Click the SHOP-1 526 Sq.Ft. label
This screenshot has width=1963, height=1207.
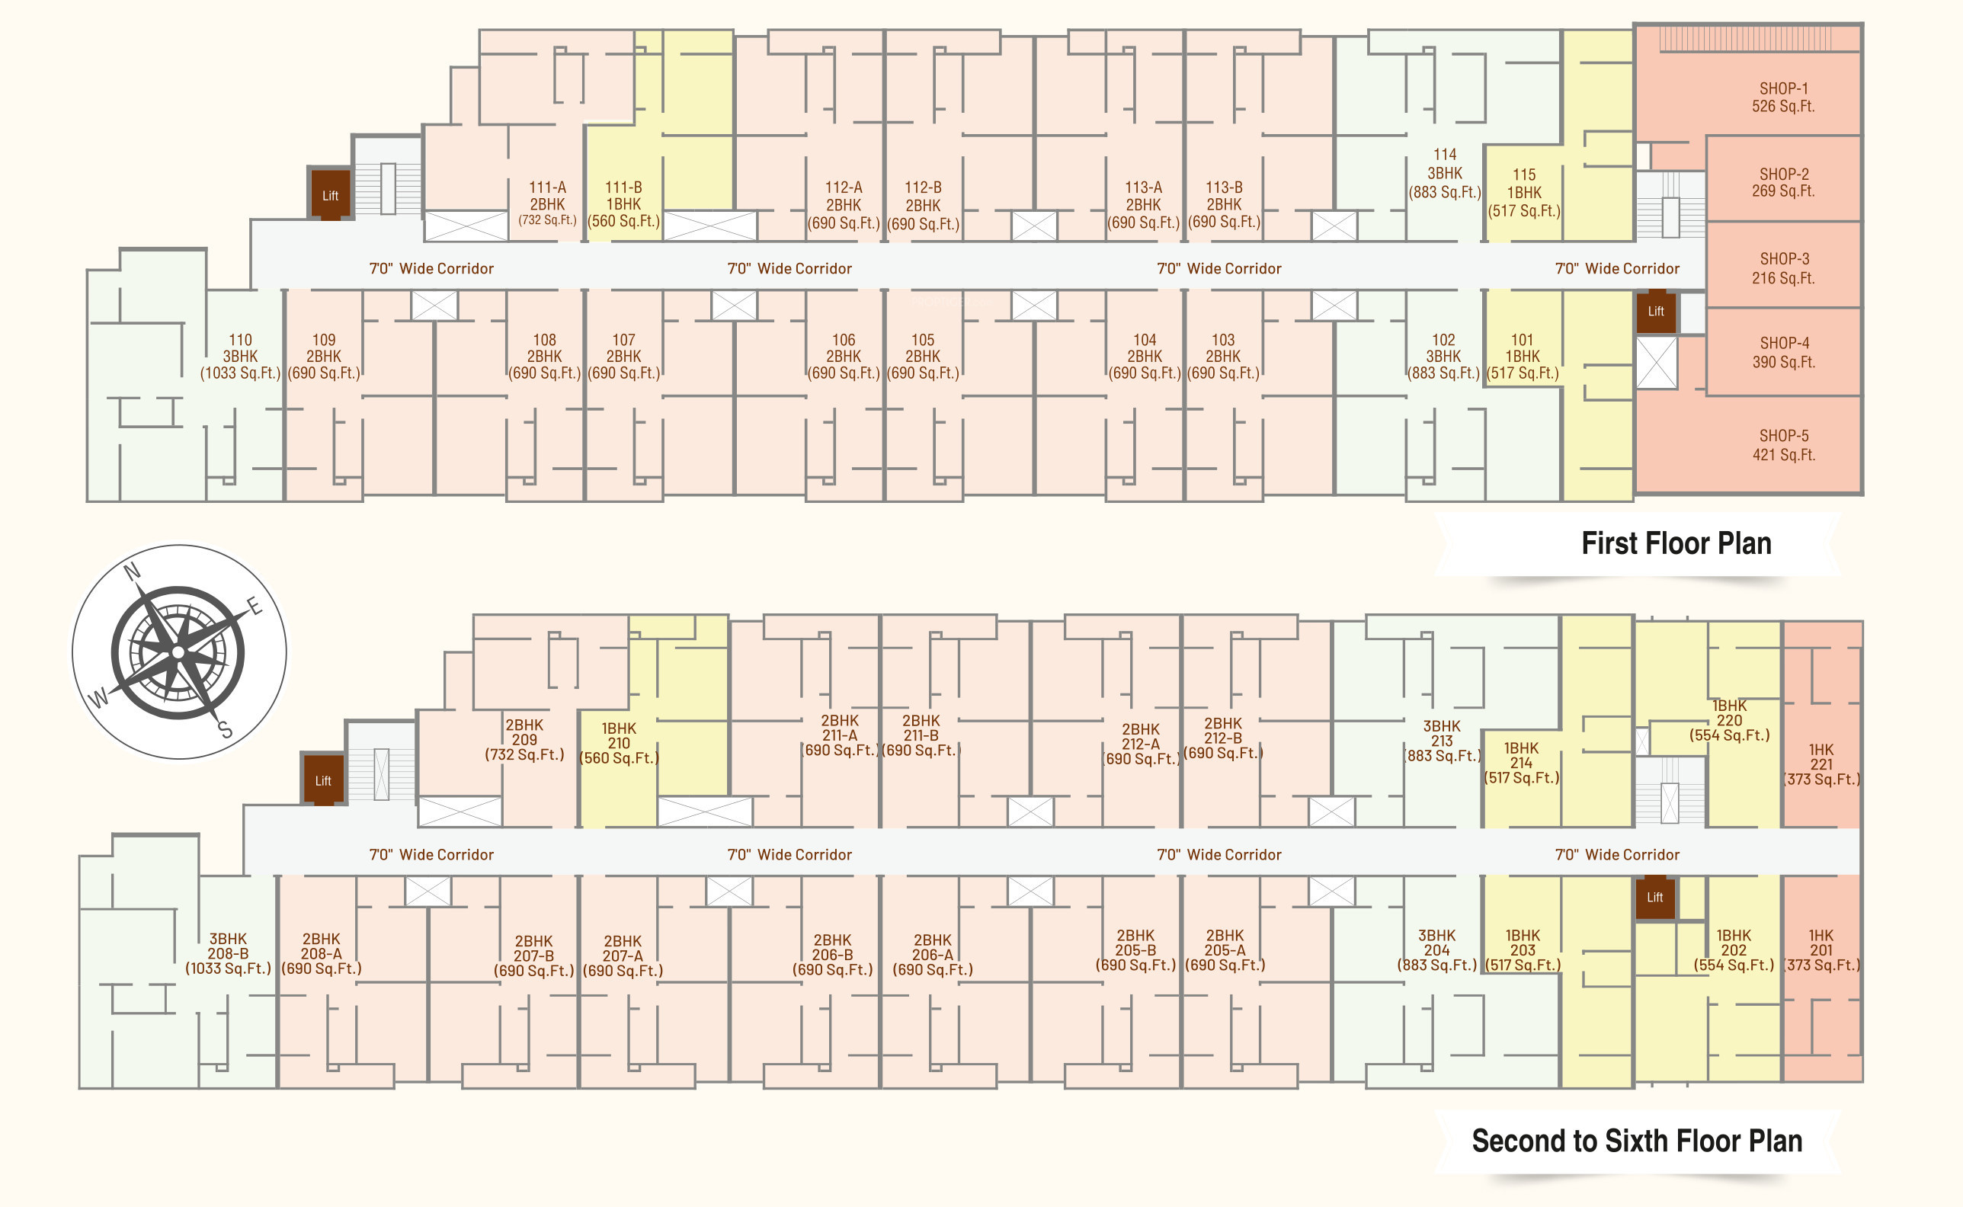(x=1782, y=98)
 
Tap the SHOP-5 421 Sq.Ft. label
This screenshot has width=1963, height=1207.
(x=1783, y=446)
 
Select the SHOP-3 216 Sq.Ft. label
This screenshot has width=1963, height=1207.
(x=1783, y=268)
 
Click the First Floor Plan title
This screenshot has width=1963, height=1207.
(x=1676, y=543)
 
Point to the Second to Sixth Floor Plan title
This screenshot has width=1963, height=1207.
(x=1637, y=1141)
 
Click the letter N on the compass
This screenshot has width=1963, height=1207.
(x=133, y=571)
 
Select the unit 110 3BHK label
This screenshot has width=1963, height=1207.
(x=240, y=356)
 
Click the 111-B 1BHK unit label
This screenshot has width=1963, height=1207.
(x=623, y=204)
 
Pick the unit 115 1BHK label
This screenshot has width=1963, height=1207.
(x=1523, y=192)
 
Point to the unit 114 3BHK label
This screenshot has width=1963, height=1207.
(x=1444, y=173)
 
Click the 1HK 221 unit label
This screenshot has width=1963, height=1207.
(x=1821, y=764)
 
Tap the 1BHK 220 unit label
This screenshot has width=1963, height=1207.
(x=1729, y=720)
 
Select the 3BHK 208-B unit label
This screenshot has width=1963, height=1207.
(x=229, y=953)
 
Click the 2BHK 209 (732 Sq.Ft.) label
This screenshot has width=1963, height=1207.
(x=524, y=739)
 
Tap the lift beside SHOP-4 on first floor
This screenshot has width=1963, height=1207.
(x=1656, y=312)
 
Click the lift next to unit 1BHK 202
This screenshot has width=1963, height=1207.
(x=1655, y=898)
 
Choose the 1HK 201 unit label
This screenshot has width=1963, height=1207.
(x=1821, y=950)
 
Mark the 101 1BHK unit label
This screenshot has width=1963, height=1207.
(x=1523, y=356)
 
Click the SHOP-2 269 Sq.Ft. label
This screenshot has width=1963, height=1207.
(x=1783, y=182)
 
